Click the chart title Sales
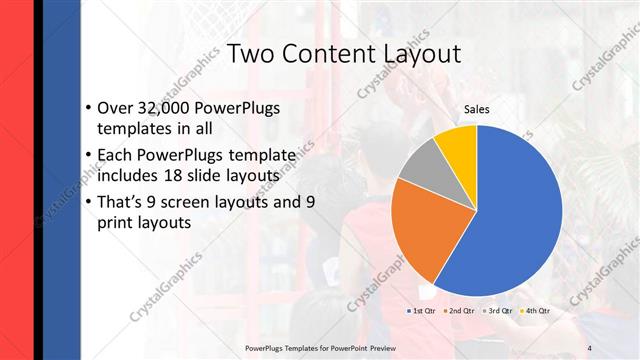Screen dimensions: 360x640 click(x=477, y=109)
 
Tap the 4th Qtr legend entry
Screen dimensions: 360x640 click(x=535, y=311)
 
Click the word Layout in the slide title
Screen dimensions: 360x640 click(x=412, y=54)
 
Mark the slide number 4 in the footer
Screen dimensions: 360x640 click(x=589, y=347)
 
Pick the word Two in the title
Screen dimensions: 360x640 click(x=251, y=54)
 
